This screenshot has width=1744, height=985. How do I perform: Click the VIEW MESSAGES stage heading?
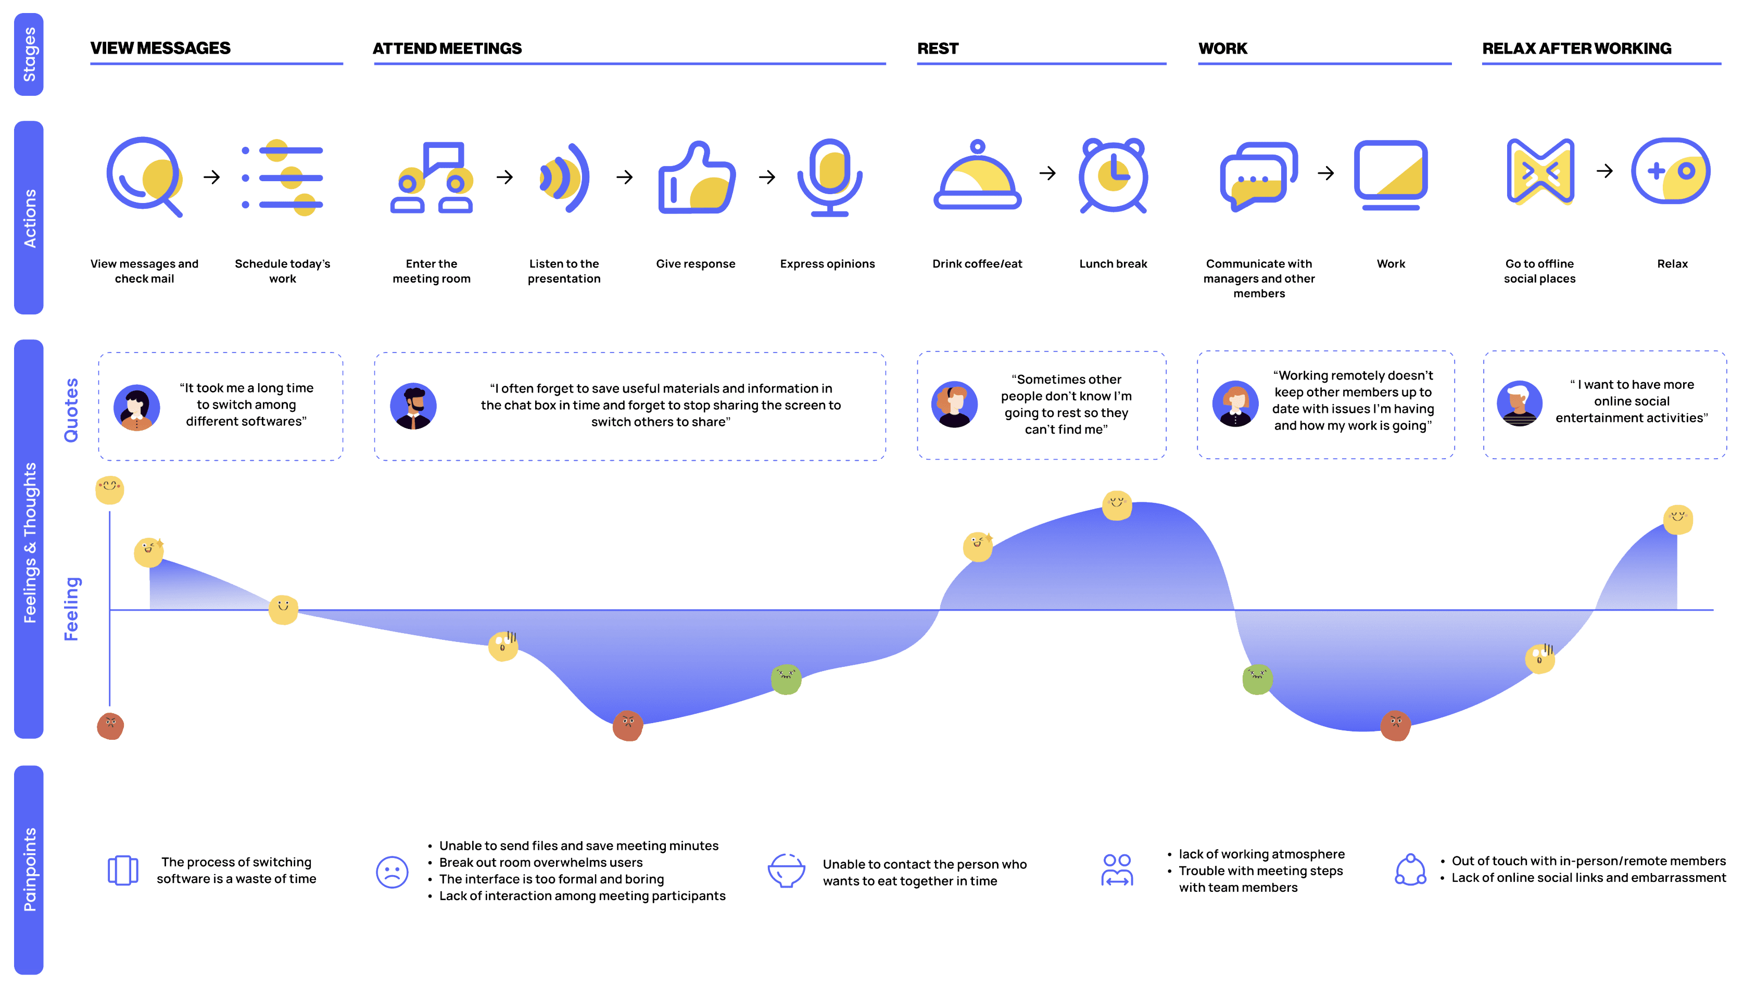[160, 48]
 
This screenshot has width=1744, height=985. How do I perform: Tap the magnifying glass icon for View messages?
[144, 176]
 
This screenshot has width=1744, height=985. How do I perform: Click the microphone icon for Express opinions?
[829, 178]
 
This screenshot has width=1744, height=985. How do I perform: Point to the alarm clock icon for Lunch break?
[1113, 175]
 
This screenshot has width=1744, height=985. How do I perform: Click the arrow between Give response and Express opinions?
[767, 178]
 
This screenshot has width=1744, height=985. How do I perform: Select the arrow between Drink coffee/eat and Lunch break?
[1047, 173]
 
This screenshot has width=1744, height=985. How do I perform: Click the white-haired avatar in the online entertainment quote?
[1519, 403]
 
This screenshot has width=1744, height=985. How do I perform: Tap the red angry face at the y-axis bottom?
[110, 726]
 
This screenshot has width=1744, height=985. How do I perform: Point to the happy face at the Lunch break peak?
[1117, 505]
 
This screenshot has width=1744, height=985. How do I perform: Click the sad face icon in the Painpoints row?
[392, 872]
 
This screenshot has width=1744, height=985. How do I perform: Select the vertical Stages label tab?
[29, 54]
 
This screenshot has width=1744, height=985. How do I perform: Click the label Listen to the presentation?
[564, 271]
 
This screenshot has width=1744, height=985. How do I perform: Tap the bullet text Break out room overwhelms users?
[541, 863]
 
